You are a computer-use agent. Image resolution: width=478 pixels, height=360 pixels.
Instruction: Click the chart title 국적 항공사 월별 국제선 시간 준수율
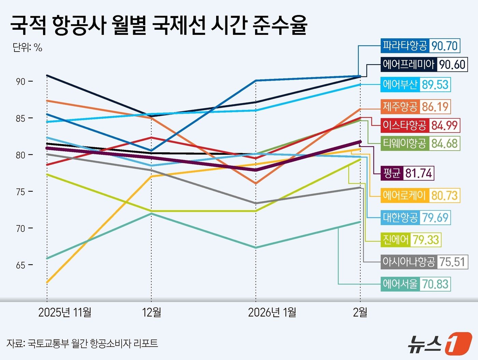(159, 25)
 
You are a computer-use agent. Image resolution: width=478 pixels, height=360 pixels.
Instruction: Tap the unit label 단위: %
(27, 47)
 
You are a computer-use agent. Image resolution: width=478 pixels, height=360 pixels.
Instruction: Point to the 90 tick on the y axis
(21, 82)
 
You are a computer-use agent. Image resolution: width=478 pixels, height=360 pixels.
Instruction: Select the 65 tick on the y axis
(21, 265)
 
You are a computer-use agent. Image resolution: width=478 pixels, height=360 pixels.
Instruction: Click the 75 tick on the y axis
(21, 192)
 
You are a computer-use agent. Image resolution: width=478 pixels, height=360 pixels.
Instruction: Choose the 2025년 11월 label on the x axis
(65, 312)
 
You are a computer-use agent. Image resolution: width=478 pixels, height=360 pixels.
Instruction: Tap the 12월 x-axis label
(152, 312)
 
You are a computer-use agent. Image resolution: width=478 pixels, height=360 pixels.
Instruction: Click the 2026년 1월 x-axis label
(272, 312)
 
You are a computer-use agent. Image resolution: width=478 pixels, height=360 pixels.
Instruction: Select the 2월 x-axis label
(360, 312)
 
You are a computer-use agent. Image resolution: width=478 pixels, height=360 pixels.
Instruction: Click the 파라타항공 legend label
(405, 46)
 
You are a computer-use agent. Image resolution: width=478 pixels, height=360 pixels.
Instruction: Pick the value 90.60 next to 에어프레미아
(452, 65)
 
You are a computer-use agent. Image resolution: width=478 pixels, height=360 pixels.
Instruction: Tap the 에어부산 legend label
(400, 85)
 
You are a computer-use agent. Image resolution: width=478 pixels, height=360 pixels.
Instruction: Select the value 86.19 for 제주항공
(435, 107)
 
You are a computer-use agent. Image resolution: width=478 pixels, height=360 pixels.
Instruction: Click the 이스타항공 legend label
(405, 125)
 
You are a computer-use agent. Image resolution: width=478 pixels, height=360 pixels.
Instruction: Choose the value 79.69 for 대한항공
(435, 218)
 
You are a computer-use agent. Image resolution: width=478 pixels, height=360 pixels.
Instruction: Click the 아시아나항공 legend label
(409, 262)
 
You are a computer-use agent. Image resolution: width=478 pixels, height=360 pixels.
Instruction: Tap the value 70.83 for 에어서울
(435, 284)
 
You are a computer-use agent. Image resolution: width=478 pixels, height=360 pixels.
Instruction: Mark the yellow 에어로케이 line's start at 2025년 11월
(47, 282)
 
